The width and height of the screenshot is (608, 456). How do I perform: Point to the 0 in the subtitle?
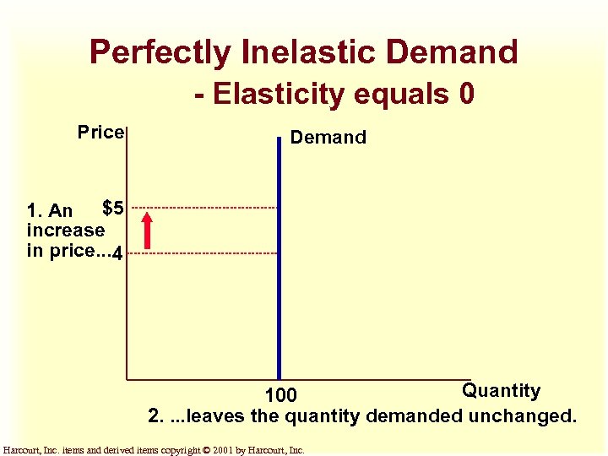coord(467,94)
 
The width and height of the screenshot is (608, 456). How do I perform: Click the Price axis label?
coord(100,133)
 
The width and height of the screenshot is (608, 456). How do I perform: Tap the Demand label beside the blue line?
coord(328,138)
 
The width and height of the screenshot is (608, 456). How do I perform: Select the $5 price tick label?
coord(113,207)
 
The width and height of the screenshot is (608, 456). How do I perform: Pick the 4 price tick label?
coord(118,253)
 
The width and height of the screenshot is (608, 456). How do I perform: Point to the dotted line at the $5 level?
coord(203,208)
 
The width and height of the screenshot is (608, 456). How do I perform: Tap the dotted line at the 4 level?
coord(203,253)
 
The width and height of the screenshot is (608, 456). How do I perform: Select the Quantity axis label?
coord(501,390)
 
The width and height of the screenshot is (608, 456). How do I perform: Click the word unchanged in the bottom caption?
coord(524,416)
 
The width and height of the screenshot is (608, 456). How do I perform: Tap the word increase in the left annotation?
coord(66,230)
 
